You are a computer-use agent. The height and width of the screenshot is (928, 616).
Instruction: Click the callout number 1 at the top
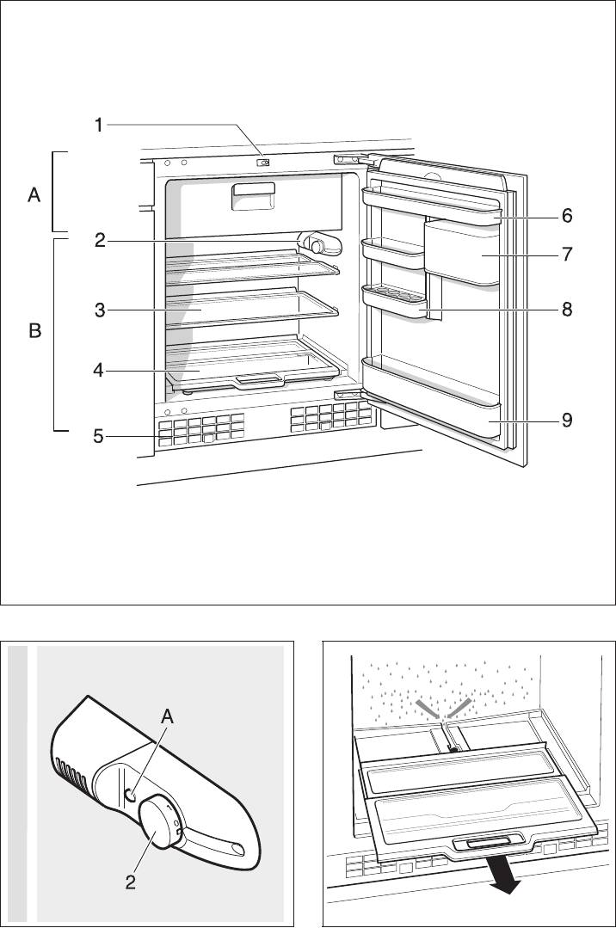99,126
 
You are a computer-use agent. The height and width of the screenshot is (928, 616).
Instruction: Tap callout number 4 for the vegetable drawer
101,372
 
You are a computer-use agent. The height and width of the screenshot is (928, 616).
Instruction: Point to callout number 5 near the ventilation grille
100,437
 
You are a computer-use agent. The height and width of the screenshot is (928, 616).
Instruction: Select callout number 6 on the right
567,216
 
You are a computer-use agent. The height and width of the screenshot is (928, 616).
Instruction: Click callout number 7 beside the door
567,255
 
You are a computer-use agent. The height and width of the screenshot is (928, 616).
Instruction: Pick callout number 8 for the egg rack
567,309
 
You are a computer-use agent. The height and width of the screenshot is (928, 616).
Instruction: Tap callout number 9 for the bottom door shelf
567,421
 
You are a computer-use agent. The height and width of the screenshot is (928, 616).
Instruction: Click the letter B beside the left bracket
35,331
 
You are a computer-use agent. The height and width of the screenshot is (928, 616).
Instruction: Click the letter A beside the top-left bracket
34,196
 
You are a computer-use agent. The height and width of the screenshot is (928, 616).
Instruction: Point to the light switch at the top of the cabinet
265,161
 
